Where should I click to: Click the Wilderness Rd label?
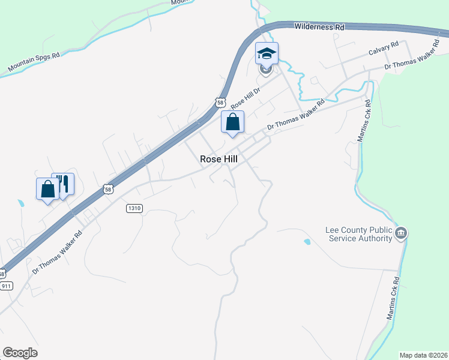point(319,27)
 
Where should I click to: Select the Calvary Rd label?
point(384,49)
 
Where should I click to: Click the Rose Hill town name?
point(219,160)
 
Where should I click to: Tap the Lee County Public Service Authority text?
point(358,234)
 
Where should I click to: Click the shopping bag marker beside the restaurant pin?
point(47,189)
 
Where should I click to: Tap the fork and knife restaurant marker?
point(63,184)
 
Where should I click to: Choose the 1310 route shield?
point(134,208)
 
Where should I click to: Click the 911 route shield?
point(6,286)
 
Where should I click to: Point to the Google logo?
point(20,353)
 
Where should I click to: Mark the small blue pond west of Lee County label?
point(307,242)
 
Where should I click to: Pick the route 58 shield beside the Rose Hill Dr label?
point(221,103)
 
